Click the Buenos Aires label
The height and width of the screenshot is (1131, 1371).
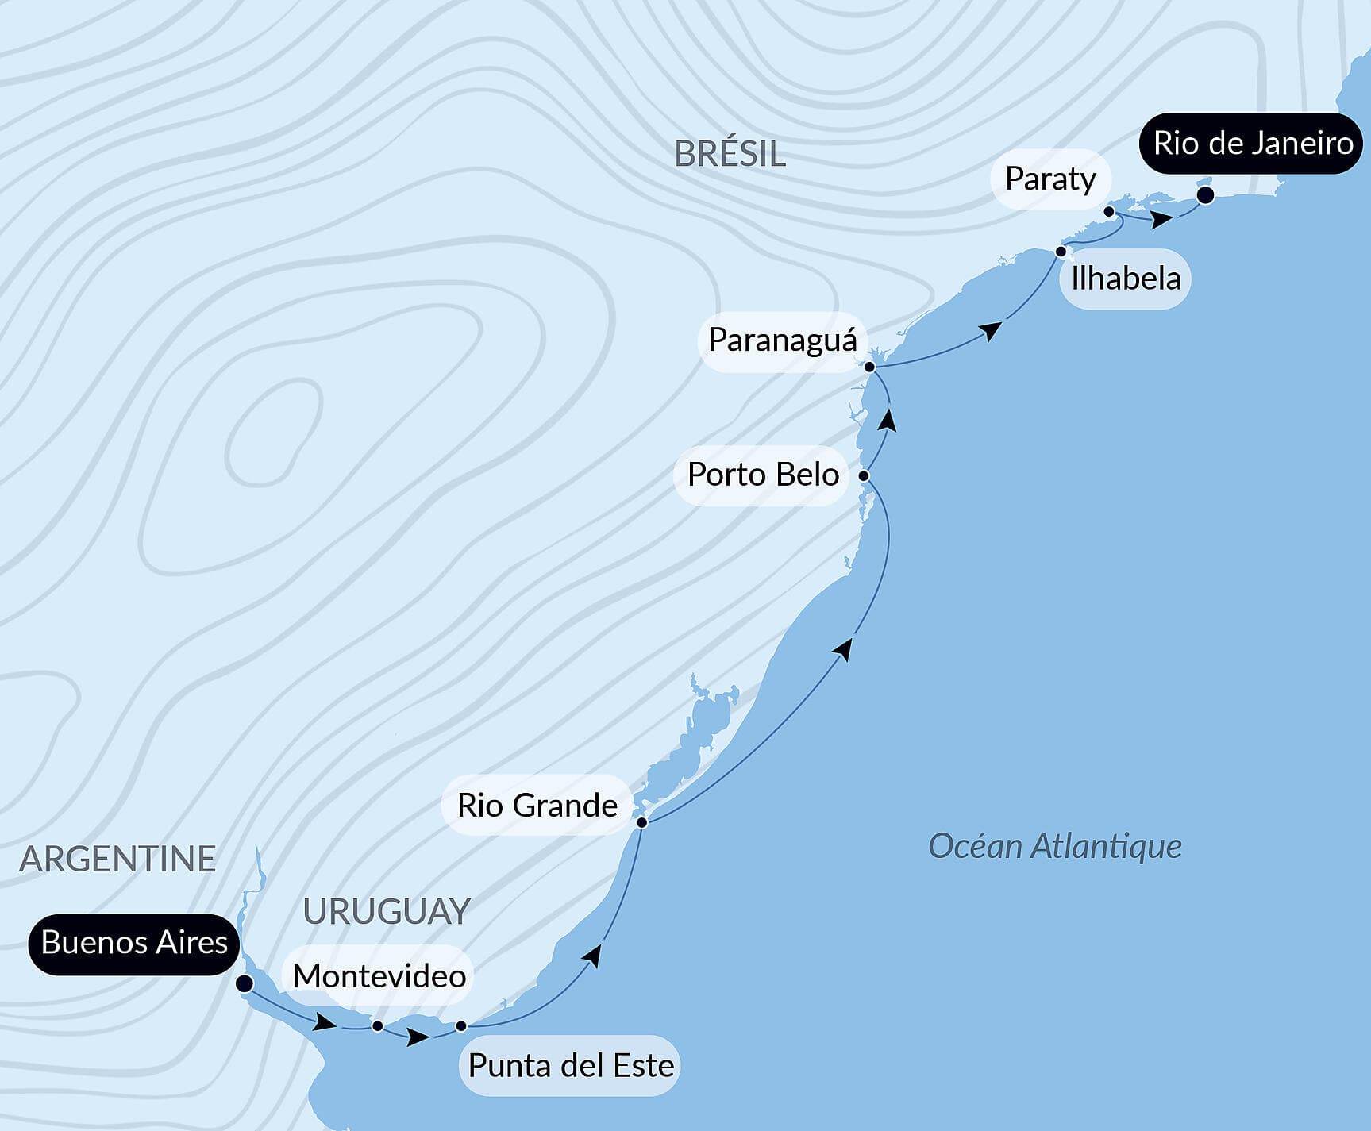click(134, 943)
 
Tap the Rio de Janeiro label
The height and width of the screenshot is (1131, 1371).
click(1253, 144)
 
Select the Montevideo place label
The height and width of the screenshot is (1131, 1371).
click(379, 975)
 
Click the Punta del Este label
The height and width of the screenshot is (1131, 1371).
click(571, 1065)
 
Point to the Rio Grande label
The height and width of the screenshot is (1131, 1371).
click(537, 806)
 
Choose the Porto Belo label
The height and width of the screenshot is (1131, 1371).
click(763, 475)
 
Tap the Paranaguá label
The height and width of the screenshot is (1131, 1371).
click(782, 340)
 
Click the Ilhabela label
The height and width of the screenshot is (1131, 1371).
click(1126, 279)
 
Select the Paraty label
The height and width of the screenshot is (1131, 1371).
click(1049, 179)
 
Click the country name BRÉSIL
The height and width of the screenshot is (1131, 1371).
click(730, 154)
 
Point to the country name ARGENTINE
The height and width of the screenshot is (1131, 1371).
click(117, 859)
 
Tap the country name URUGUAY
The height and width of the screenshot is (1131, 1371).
click(387, 911)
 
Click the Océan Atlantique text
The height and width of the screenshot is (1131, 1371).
click(1055, 846)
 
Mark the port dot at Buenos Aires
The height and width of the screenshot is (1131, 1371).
click(245, 984)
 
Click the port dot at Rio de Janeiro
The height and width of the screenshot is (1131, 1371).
click(1205, 195)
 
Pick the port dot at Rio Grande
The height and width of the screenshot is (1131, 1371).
click(641, 822)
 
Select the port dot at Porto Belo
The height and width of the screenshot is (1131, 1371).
click(864, 476)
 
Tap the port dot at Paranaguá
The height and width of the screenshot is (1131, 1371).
click(869, 367)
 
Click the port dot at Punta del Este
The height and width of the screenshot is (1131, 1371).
click(460, 1026)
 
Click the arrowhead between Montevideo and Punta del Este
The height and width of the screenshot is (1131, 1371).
click(418, 1037)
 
